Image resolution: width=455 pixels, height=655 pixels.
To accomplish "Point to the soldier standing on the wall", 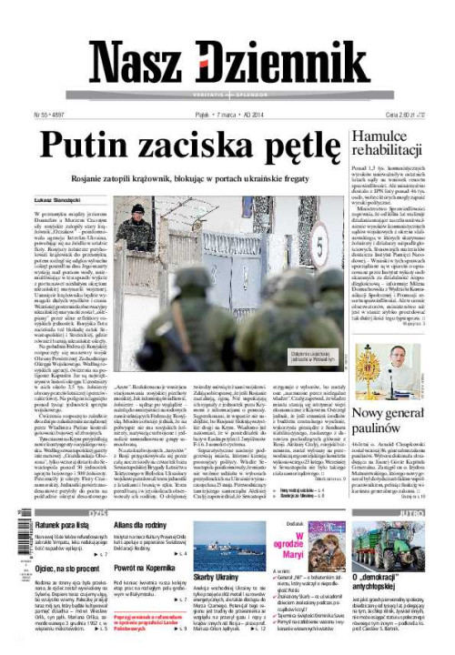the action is coord(137,223).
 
